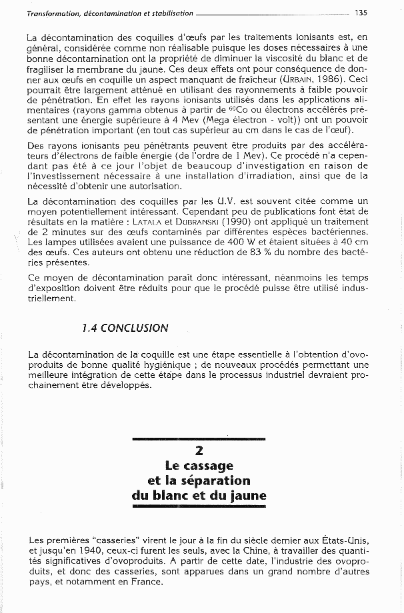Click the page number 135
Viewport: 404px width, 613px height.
pyautogui.click(x=361, y=12)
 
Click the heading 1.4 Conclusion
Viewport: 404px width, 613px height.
pyautogui.click(x=125, y=328)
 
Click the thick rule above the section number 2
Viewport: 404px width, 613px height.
pyautogui.click(x=199, y=438)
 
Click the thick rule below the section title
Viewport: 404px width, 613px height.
pyautogui.click(x=199, y=508)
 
